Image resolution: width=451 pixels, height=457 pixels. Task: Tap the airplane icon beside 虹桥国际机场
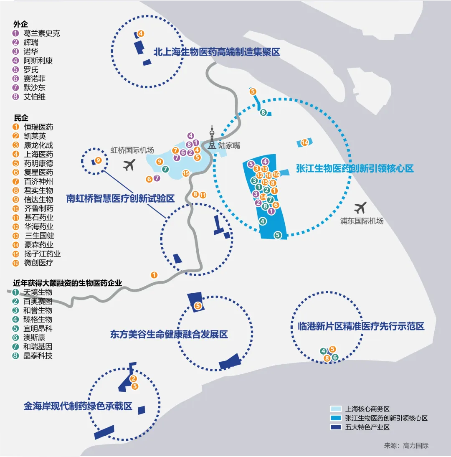pos(130,165)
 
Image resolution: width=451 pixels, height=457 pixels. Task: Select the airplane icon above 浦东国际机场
pos(360,208)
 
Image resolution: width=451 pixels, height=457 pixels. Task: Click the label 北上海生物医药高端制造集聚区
pos(216,52)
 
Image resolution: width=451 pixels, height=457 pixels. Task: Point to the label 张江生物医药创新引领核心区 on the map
pos(355,168)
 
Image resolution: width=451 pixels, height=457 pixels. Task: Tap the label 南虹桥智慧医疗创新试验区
pos(120,198)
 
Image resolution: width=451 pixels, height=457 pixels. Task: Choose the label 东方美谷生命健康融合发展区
pos(169,334)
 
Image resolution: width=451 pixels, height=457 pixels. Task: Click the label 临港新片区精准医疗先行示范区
pos(361,326)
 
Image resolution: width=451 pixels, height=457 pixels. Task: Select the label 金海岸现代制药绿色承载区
pos(78,406)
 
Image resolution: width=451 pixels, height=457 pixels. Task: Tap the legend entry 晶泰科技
pos(38,355)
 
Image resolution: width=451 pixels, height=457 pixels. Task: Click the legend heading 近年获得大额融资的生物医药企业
pos(68,283)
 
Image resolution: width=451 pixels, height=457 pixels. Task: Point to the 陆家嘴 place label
pos(229,146)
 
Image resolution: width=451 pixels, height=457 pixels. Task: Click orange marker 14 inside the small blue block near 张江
pos(304,142)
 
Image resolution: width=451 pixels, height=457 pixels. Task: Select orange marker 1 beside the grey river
pos(154,274)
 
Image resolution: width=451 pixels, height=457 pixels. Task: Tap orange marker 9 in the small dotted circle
pos(98,160)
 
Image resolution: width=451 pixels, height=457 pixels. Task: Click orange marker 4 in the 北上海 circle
pos(141,33)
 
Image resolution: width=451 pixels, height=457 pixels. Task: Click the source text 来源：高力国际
pos(406,445)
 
